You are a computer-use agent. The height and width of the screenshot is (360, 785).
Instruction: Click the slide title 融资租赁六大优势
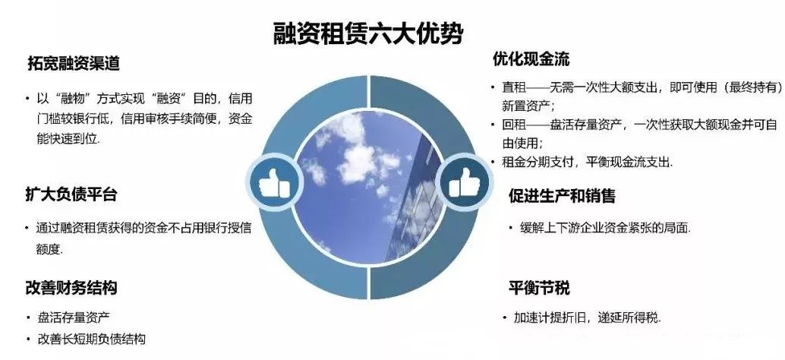368,34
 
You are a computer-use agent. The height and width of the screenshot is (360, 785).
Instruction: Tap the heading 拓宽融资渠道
74,64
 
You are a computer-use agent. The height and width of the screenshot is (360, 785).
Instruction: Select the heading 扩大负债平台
71,194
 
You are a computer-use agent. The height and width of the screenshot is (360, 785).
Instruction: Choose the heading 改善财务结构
71,287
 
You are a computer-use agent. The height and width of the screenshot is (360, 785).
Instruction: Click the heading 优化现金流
531,59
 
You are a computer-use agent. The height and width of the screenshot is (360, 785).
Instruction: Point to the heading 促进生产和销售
562,196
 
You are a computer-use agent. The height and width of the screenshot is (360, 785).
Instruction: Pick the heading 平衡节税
539,289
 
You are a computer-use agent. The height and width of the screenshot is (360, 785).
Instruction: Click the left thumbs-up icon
274,182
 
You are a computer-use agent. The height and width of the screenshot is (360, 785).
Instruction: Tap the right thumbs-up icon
464,182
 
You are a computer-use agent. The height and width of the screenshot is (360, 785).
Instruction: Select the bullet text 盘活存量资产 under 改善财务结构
74,317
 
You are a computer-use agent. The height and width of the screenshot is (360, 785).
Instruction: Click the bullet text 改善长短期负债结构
92,339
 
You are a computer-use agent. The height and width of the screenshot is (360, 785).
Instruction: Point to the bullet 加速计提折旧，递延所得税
588,318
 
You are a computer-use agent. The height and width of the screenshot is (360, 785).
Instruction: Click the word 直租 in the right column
514,87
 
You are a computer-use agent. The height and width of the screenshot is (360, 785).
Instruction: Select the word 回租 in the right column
514,125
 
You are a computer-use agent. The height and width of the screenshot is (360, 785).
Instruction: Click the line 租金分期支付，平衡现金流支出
588,162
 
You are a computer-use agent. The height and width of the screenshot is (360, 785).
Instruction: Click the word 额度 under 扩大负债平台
49,249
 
